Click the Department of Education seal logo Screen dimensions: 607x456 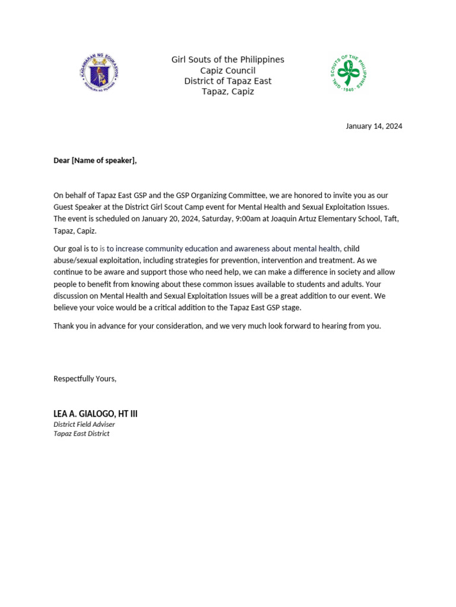pos(99,73)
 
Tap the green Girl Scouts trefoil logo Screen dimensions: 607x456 pos(349,73)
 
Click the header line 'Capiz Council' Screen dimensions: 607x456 pos(227,71)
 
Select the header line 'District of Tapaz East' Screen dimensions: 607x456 pos(227,81)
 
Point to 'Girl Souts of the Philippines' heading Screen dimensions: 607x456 pos(227,60)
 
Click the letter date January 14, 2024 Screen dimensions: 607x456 pos(374,126)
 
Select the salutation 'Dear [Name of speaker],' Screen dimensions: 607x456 pos(95,161)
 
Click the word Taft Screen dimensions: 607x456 pos(390,219)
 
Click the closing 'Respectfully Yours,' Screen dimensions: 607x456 pos(85,379)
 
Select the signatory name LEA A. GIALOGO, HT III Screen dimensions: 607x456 pos(96,414)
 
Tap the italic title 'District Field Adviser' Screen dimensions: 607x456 pos(84,424)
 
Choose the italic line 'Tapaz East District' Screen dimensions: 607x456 pos(81,434)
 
